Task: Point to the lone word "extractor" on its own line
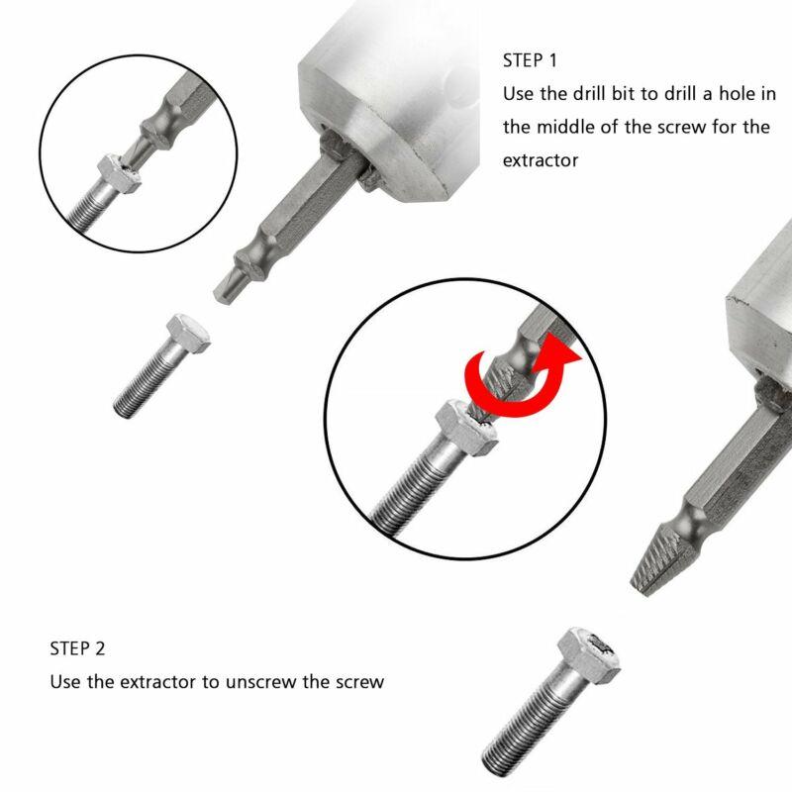(x=541, y=159)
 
